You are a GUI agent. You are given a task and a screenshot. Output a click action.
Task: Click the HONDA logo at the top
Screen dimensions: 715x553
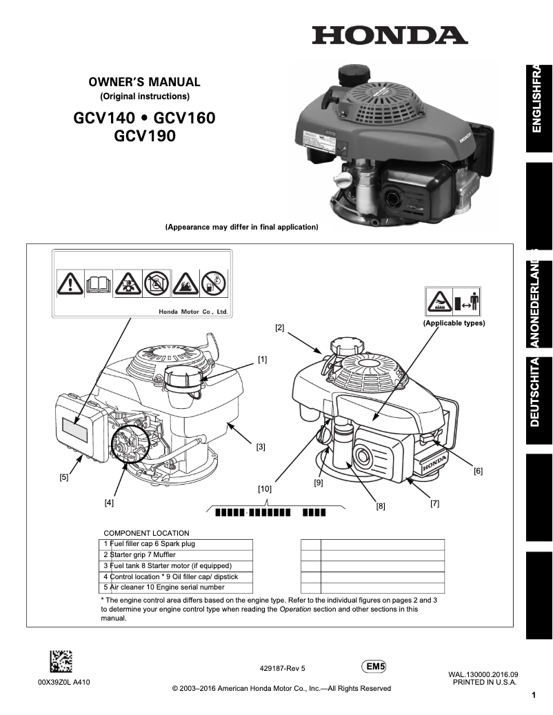pos(390,35)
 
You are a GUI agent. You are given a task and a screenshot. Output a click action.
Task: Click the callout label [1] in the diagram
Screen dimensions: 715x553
pos(263,359)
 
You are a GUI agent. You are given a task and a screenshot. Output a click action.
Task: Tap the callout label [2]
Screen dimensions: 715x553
pos(279,328)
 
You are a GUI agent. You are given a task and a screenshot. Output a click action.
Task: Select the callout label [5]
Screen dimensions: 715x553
pos(63,477)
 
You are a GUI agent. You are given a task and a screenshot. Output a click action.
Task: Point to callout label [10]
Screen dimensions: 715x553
pos(264,489)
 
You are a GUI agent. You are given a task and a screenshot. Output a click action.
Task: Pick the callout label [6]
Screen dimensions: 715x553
pos(478,472)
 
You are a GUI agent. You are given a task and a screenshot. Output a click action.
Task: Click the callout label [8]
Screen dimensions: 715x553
pos(380,506)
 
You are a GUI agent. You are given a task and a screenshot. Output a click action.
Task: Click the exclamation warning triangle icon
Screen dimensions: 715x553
pos(70,283)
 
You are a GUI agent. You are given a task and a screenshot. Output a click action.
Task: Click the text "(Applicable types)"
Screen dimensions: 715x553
pos(454,323)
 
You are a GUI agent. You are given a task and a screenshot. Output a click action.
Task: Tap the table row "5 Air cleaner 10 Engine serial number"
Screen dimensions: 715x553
pos(164,587)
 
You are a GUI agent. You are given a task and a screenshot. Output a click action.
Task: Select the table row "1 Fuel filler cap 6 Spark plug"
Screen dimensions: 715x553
pos(150,543)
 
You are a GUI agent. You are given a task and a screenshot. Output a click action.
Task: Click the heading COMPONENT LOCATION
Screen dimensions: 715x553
pos(146,533)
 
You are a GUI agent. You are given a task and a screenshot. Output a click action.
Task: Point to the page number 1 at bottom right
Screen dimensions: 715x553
pos(534,696)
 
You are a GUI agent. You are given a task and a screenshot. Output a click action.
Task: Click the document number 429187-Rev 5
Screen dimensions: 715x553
pos(282,668)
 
